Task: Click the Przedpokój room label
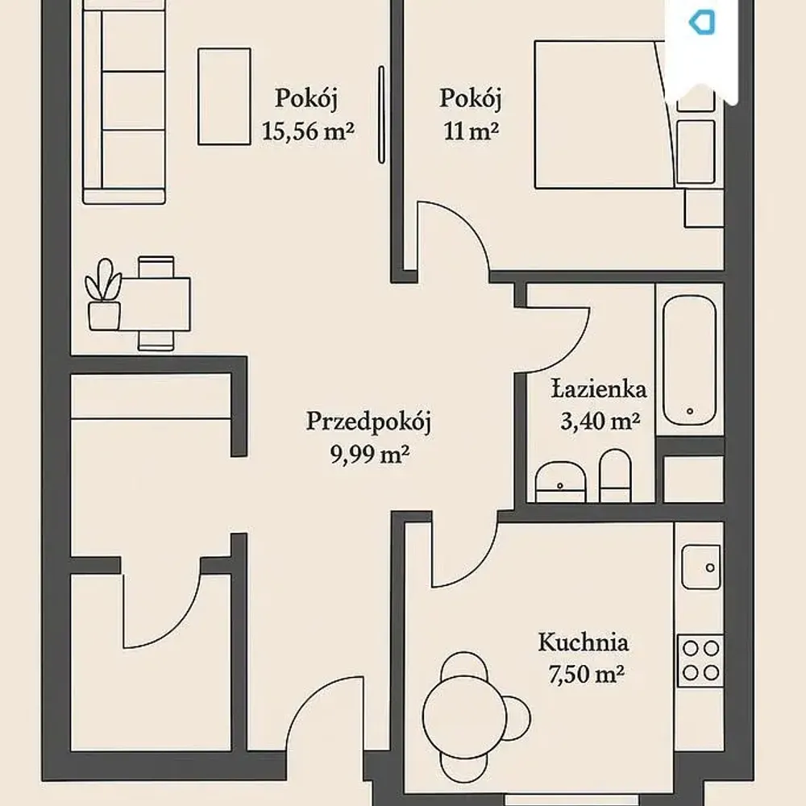click(368, 422)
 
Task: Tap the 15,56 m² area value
click(308, 131)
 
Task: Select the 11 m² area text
click(471, 131)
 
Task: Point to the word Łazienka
click(599, 389)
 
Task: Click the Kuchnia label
click(584, 642)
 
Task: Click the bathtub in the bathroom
click(689, 360)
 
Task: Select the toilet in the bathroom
click(615, 476)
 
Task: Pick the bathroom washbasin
click(560, 482)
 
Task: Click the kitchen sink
click(700, 567)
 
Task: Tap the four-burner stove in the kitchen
click(700, 661)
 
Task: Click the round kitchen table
click(465, 717)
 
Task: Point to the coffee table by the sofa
click(225, 97)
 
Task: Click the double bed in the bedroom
click(604, 114)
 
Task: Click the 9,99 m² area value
click(370, 455)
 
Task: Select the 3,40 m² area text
click(600, 422)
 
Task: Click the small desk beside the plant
click(156, 305)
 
